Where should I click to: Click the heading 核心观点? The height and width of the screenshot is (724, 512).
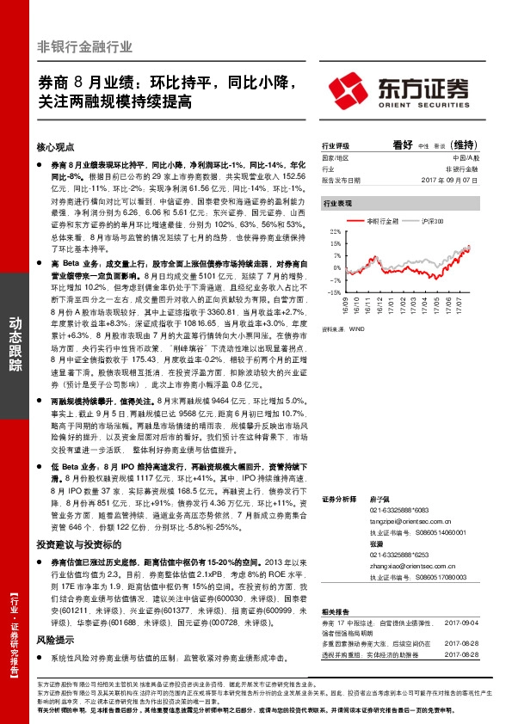(x=56, y=147)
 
